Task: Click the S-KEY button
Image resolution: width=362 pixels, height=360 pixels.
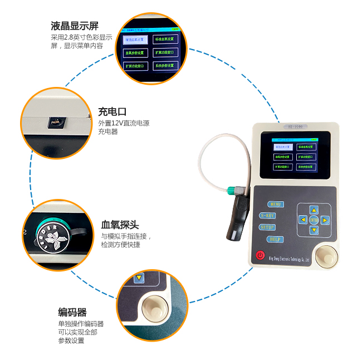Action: tap(267, 216)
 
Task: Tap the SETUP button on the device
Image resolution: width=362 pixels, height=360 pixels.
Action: tap(268, 227)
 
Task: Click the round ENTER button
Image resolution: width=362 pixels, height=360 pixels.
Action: tap(314, 220)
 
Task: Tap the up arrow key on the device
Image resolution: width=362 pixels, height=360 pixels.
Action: tap(314, 210)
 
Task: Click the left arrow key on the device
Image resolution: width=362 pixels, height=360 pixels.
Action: tap(303, 220)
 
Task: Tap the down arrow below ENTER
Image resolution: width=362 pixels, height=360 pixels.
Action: tap(314, 230)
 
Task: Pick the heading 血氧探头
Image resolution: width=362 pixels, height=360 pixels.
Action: tap(120, 225)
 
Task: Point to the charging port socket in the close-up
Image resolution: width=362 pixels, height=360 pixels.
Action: tap(55, 120)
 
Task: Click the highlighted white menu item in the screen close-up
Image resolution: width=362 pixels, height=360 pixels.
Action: tap(135, 40)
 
